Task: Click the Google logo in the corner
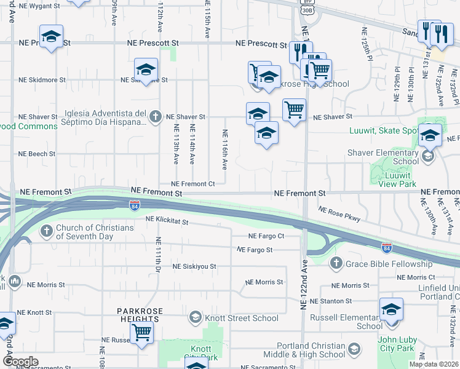20,361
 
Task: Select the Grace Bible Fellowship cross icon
336,264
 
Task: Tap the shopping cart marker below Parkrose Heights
142,332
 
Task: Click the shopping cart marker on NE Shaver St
295,110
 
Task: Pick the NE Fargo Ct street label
267,236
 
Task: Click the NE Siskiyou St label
194,267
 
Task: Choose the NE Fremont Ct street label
192,184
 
